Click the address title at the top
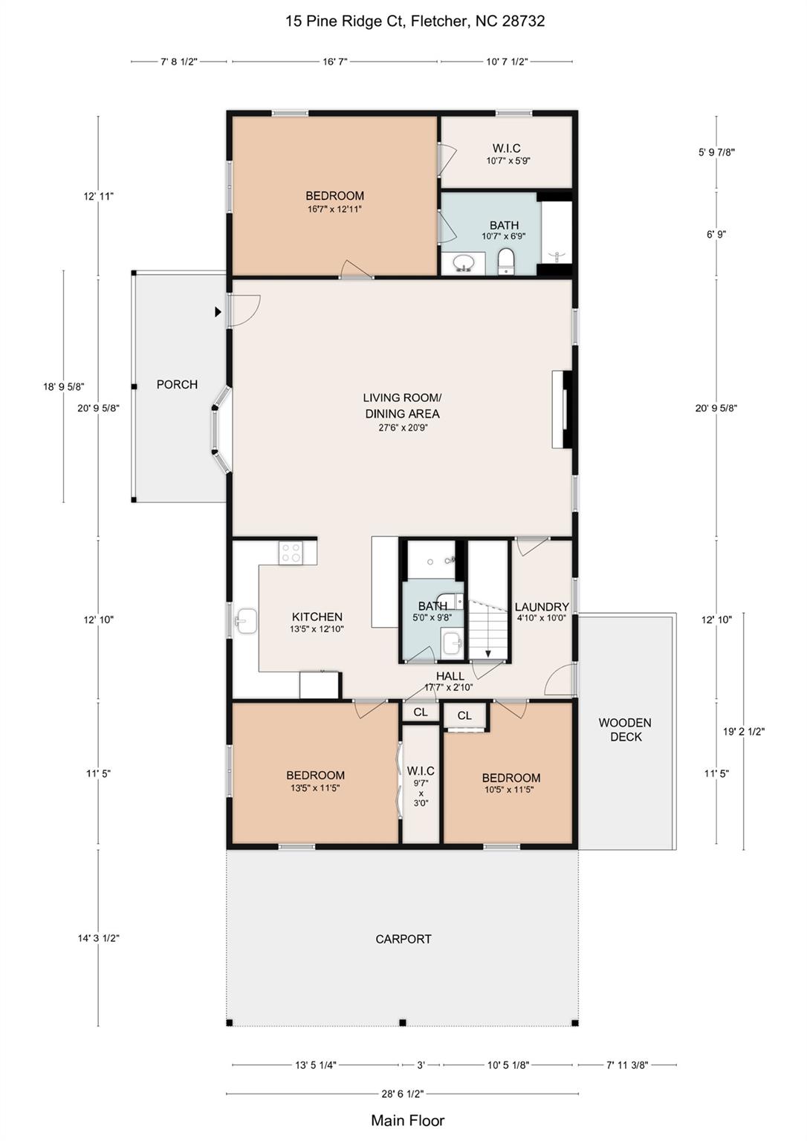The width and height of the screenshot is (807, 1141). tap(415, 21)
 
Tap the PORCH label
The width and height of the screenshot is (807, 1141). tap(177, 385)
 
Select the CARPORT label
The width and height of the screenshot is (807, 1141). tap(403, 939)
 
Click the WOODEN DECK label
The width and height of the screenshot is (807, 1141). tap(625, 729)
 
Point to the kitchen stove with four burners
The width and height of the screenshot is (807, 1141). tap(291, 552)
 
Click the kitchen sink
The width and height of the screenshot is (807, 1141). tap(245, 622)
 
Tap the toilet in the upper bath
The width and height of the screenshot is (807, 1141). tap(506, 261)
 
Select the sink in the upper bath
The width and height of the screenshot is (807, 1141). tap(465, 263)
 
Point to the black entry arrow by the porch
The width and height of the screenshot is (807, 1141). tap(218, 312)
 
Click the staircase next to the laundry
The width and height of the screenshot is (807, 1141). tap(487, 624)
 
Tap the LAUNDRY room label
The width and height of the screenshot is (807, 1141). tap(542, 607)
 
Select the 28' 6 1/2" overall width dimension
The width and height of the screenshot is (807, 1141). tap(402, 1093)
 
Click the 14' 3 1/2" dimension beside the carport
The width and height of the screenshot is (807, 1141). tap(99, 938)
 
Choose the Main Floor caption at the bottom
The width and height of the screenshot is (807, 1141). tap(407, 1120)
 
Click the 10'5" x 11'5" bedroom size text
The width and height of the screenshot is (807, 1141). tap(509, 790)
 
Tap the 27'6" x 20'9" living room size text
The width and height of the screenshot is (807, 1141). tap(401, 428)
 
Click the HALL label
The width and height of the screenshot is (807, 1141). tap(450, 676)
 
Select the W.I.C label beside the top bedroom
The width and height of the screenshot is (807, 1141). tap(507, 149)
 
